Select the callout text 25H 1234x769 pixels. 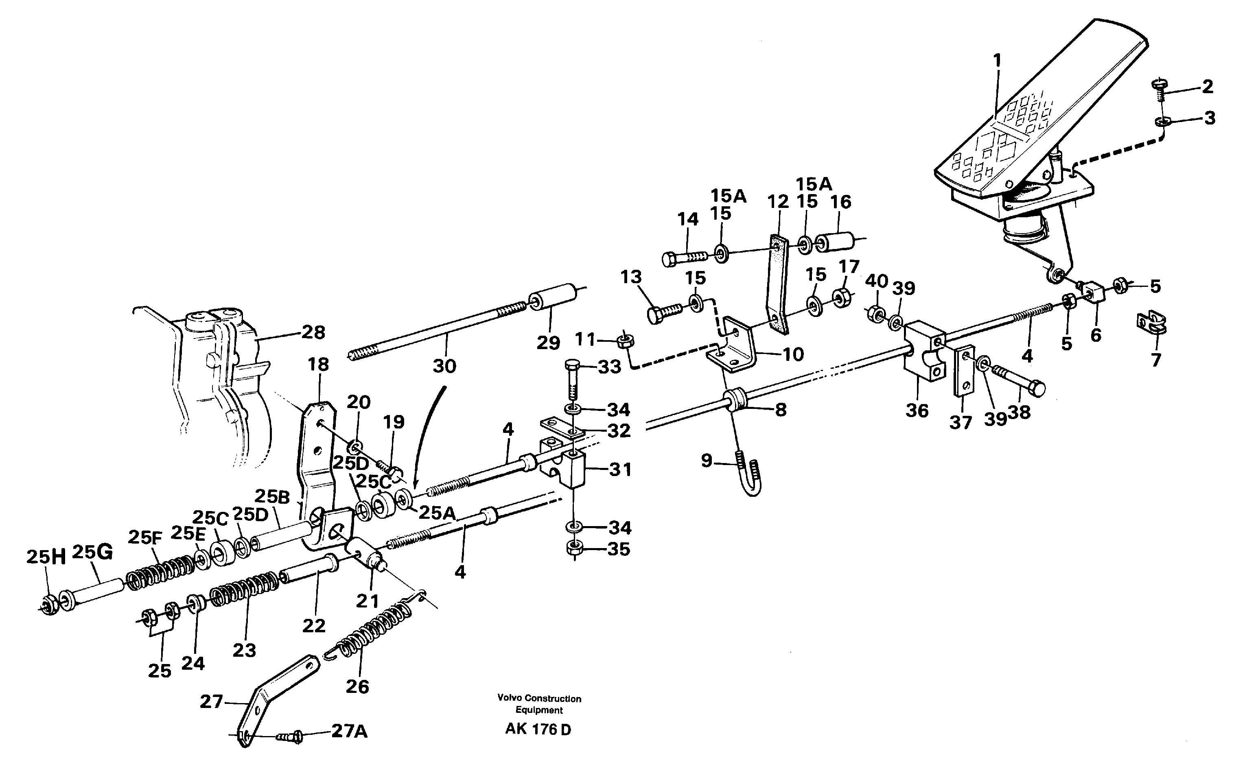click(x=46, y=557)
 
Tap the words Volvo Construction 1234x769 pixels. click(x=539, y=699)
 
